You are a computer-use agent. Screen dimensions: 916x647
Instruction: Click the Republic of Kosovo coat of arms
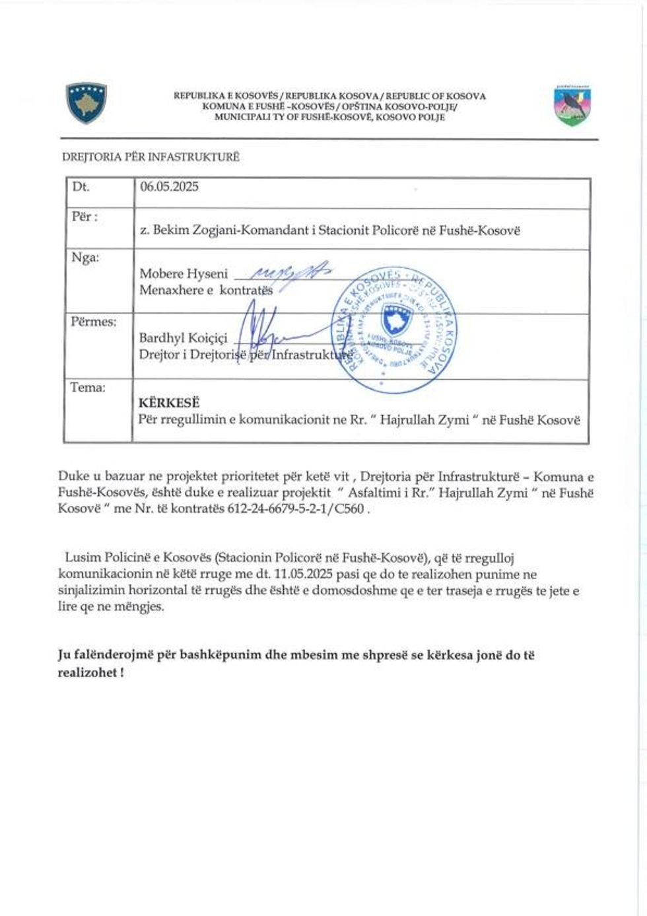(86, 103)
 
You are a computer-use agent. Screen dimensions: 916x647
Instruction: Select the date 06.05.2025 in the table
(169, 187)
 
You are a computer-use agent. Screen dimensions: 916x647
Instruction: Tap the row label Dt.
(81, 187)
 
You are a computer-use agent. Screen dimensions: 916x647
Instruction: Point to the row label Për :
(85, 217)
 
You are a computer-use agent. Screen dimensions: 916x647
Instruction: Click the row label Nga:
(85, 258)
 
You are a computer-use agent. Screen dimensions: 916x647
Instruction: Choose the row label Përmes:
(93, 322)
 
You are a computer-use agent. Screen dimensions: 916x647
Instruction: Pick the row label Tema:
(88, 388)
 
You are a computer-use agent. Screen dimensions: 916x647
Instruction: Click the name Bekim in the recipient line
(170, 230)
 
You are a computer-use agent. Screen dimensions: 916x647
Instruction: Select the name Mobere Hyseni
(183, 273)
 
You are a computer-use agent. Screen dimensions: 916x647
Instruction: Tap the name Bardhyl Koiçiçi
(183, 337)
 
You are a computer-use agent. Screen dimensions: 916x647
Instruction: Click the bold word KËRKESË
(168, 403)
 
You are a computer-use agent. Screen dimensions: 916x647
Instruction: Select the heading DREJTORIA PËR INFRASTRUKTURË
(151, 157)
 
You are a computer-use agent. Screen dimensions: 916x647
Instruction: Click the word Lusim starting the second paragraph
(81, 559)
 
